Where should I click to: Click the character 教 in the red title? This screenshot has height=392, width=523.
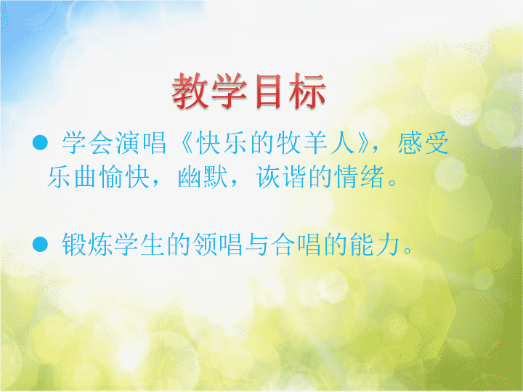pyautogui.click(x=190, y=91)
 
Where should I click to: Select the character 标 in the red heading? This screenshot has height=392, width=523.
pyautogui.click(x=307, y=91)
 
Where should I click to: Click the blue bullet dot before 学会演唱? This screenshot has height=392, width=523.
pyautogui.click(x=40, y=143)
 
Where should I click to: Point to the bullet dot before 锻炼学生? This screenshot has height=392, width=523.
pyautogui.click(x=40, y=244)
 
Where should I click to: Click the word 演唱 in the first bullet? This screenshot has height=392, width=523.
pyautogui.click(x=141, y=143)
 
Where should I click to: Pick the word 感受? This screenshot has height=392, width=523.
pyautogui.click(x=423, y=143)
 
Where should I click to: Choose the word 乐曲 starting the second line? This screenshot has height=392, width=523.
pyautogui.click(x=73, y=176)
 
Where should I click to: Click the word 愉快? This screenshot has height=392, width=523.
pyautogui.click(x=124, y=176)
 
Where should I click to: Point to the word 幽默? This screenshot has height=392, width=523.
pyautogui.click(x=203, y=176)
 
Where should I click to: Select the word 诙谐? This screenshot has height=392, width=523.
pyautogui.click(x=281, y=176)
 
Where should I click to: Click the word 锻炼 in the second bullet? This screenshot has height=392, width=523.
pyautogui.click(x=87, y=245)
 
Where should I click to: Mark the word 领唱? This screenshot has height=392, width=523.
pyautogui.click(x=217, y=245)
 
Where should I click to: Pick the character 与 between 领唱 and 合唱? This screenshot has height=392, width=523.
pyautogui.click(x=256, y=245)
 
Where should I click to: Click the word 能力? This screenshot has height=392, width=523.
pyautogui.click(x=375, y=245)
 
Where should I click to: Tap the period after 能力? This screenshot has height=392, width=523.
pyautogui.click(x=408, y=250)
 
